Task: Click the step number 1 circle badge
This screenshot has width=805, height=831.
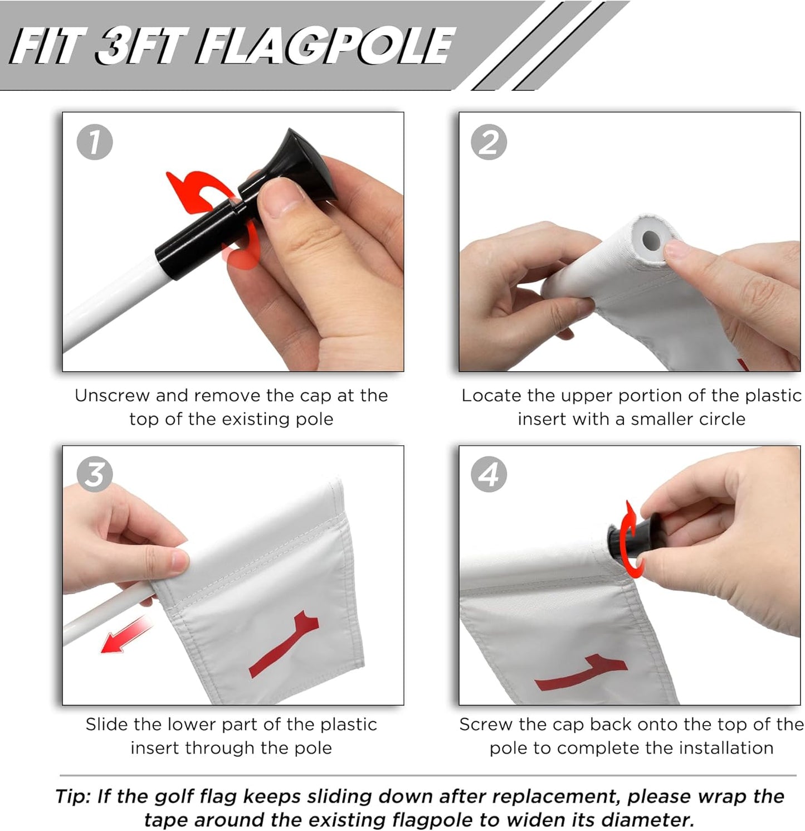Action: [x=94, y=142]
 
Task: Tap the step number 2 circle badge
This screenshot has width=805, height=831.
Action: [x=489, y=142]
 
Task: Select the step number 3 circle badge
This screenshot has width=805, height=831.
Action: [x=94, y=474]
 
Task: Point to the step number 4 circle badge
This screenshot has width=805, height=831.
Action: [x=489, y=474]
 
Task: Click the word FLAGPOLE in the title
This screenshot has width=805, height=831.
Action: [x=324, y=46]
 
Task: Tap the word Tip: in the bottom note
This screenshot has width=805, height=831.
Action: [x=74, y=796]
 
